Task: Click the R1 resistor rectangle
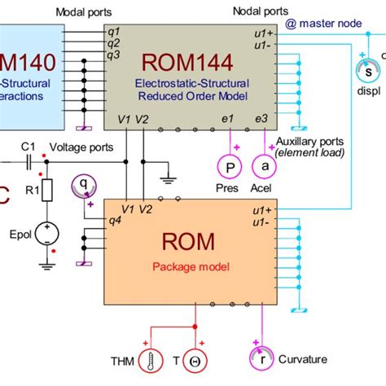[46, 191]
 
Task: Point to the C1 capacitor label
[29, 146]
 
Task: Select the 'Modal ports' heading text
[83, 12]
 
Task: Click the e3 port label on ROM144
[261, 119]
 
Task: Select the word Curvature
[303, 359]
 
